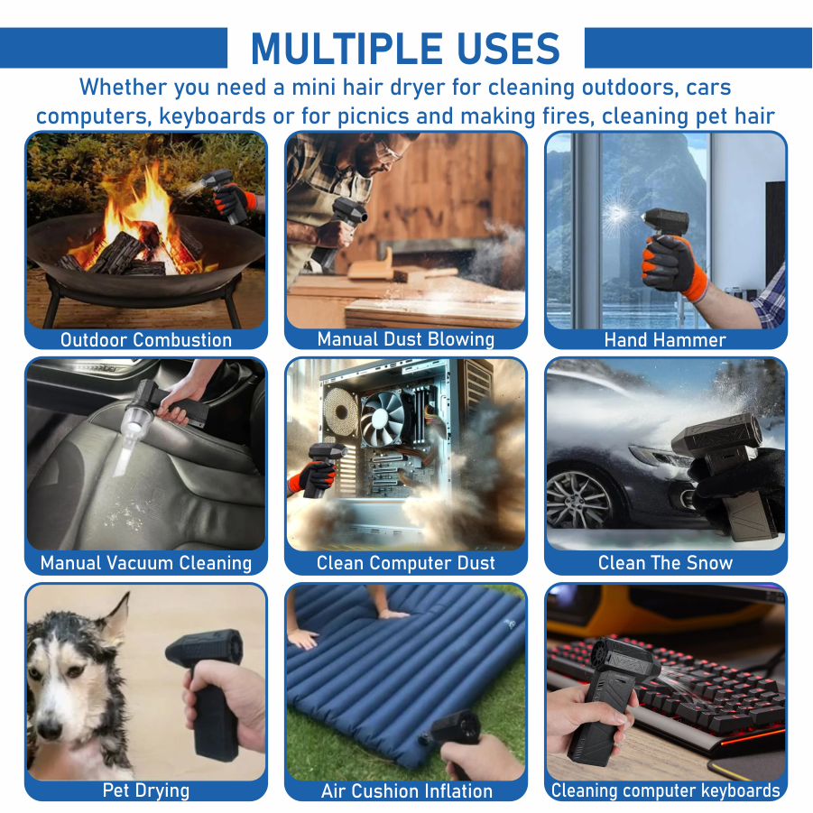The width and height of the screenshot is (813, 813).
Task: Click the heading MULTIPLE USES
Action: tap(405, 48)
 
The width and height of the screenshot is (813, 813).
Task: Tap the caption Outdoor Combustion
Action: tap(146, 340)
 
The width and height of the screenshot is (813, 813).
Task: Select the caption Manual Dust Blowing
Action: tap(406, 339)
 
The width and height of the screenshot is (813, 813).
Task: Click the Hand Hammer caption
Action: tap(665, 340)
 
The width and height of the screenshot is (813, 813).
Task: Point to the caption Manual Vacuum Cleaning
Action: tap(146, 563)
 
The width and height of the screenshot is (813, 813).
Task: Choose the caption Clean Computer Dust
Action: tap(406, 563)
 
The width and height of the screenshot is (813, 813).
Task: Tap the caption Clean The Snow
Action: tap(665, 563)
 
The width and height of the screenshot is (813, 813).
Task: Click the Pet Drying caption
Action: tap(146, 790)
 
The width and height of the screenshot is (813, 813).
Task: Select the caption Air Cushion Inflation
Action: tap(406, 791)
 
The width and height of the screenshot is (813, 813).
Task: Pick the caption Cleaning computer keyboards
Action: tap(665, 790)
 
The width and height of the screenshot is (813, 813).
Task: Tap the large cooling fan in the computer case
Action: tap(383, 418)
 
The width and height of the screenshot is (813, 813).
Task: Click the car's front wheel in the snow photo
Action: tap(579, 498)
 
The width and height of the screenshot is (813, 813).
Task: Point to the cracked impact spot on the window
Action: tap(617, 214)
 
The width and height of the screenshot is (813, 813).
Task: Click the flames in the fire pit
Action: tap(141, 217)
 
